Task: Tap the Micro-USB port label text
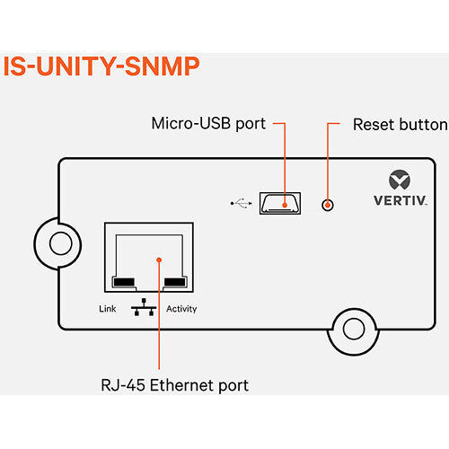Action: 208,123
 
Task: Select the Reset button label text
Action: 400,123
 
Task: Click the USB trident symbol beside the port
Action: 239,204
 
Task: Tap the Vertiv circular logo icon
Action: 398,179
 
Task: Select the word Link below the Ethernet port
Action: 107,309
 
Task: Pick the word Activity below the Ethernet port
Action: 180,309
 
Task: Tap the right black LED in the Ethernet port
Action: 176,282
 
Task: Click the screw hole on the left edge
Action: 59,242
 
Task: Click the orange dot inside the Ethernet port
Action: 158,260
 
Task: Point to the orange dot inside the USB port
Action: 286,205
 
